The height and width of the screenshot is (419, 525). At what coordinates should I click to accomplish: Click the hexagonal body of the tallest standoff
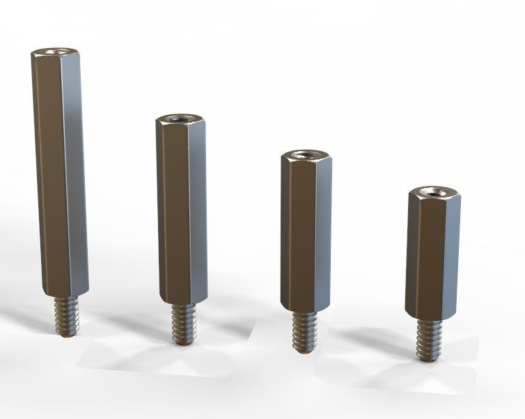pyautogui.click(x=58, y=174)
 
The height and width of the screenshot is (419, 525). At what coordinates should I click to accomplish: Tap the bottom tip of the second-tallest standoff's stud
pyautogui.click(x=183, y=342)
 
